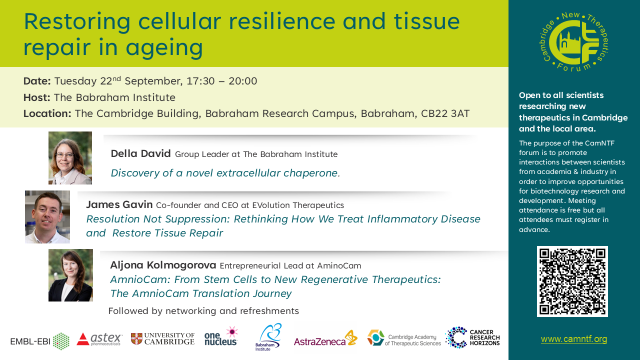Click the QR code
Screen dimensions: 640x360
pyautogui.click(x=572, y=281)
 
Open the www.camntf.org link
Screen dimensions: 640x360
pyautogui.click(x=573, y=339)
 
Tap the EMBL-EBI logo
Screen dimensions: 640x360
pyautogui.click(x=39, y=341)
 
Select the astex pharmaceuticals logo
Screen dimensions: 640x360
pyautogui.click(x=99, y=339)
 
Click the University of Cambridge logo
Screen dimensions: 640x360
pyautogui.click(x=162, y=339)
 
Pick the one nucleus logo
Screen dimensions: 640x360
pyautogui.click(x=221, y=336)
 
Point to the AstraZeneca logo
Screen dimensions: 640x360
pyautogui.click(x=325, y=338)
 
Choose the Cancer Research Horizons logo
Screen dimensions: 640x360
pyautogui.click(x=472, y=337)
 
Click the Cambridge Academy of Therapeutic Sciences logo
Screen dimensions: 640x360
pyautogui.click(x=404, y=338)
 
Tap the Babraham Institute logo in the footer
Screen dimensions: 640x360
pyautogui.click(x=268, y=337)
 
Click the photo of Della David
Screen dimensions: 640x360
pyautogui.click(x=70, y=157)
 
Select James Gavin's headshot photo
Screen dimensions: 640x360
pyautogui.click(x=47, y=217)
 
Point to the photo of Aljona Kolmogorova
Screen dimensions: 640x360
pyautogui.click(x=70, y=275)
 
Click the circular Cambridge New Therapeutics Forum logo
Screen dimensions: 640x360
pyautogui.click(x=574, y=41)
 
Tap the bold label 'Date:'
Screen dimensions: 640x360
pyautogui.click(x=37, y=81)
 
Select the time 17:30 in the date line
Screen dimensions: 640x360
pyautogui.click(x=200, y=81)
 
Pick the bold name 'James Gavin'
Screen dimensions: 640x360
pyautogui.click(x=119, y=204)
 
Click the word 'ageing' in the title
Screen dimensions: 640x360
pyautogui.click(x=164, y=48)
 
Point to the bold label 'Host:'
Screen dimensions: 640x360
pyautogui.click(x=37, y=97)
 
